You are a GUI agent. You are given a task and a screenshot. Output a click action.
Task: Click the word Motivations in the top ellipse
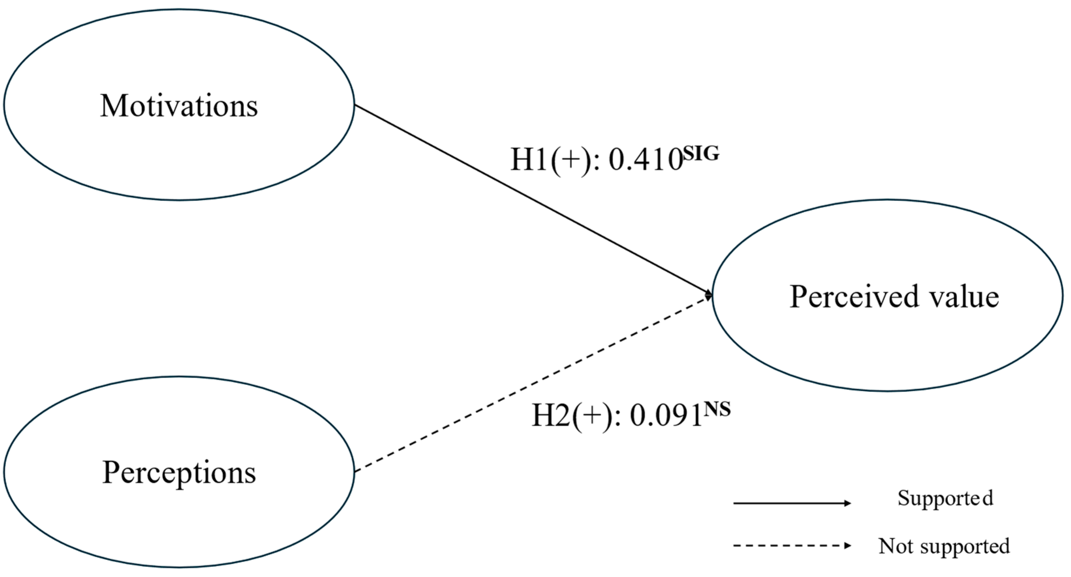pyautogui.click(x=179, y=106)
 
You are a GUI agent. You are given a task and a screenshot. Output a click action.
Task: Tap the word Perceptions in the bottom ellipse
pyautogui.click(x=179, y=473)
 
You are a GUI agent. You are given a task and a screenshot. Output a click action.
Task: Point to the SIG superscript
pyautogui.click(x=701, y=154)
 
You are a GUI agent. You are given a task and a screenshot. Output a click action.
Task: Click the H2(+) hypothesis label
pyautogui.click(x=572, y=416)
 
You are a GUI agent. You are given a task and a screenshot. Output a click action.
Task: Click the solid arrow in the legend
pyautogui.click(x=790, y=503)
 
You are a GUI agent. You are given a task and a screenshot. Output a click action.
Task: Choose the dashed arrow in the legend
pyautogui.click(x=790, y=545)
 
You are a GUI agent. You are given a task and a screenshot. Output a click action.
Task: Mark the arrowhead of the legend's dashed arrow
pyautogui.click(x=848, y=545)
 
